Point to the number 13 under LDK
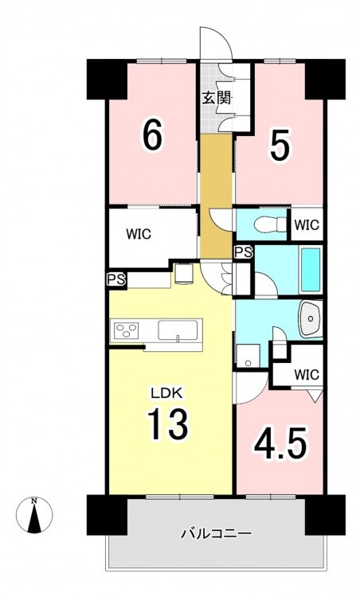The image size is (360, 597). (x=168, y=423)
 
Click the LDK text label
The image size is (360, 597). (x=167, y=393)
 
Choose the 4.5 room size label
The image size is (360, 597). (x=280, y=443)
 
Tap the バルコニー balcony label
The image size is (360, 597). (x=216, y=533)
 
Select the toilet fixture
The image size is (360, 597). (x=270, y=224)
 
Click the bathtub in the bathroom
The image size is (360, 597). (x=311, y=270)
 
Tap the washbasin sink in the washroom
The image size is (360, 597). (x=311, y=318)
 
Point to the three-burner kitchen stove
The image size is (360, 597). (x=126, y=330)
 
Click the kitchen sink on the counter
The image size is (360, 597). (x=178, y=330)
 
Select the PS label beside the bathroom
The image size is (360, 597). (x=243, y=252)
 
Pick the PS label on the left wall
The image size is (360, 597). (x=115, y=280)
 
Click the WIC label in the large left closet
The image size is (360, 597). (x=139, y=234)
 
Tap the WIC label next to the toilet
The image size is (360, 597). (x=307, y=224)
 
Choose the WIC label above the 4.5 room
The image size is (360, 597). (x=307, y=375)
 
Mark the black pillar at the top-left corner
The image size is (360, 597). (x=107, y=79)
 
